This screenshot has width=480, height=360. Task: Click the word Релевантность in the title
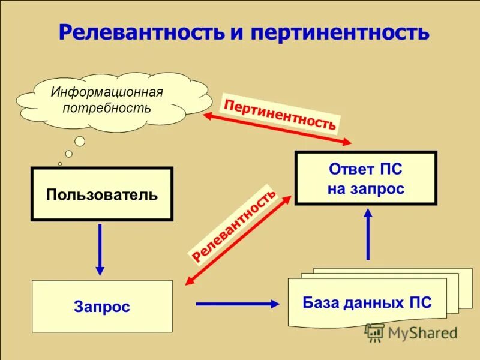click(141, 32)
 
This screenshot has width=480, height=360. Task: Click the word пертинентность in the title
click(340, 32)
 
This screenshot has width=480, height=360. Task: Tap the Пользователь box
click(102, 194)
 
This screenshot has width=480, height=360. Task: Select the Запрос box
click(102, 307)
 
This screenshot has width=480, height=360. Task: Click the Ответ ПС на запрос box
click(366, 178)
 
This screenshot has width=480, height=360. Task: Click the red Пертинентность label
click(280, 113)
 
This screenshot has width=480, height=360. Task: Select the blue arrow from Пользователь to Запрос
click(100, 248)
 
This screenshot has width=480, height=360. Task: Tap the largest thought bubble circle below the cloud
click(80, 142)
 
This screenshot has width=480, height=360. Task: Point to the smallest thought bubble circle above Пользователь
click(59, 163)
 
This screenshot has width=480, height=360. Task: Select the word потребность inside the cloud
click(107, 108)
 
